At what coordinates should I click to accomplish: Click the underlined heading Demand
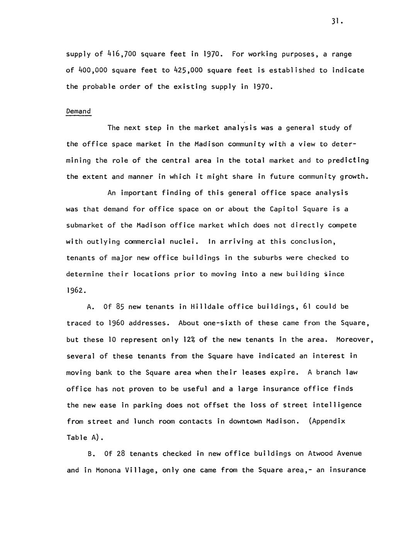tap(78, 111)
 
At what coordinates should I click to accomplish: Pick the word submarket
tap(85, 225)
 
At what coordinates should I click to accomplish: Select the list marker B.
tap(91, 454)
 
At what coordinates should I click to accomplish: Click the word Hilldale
tap(207, 307)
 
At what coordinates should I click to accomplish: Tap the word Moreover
tap(355, 339)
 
